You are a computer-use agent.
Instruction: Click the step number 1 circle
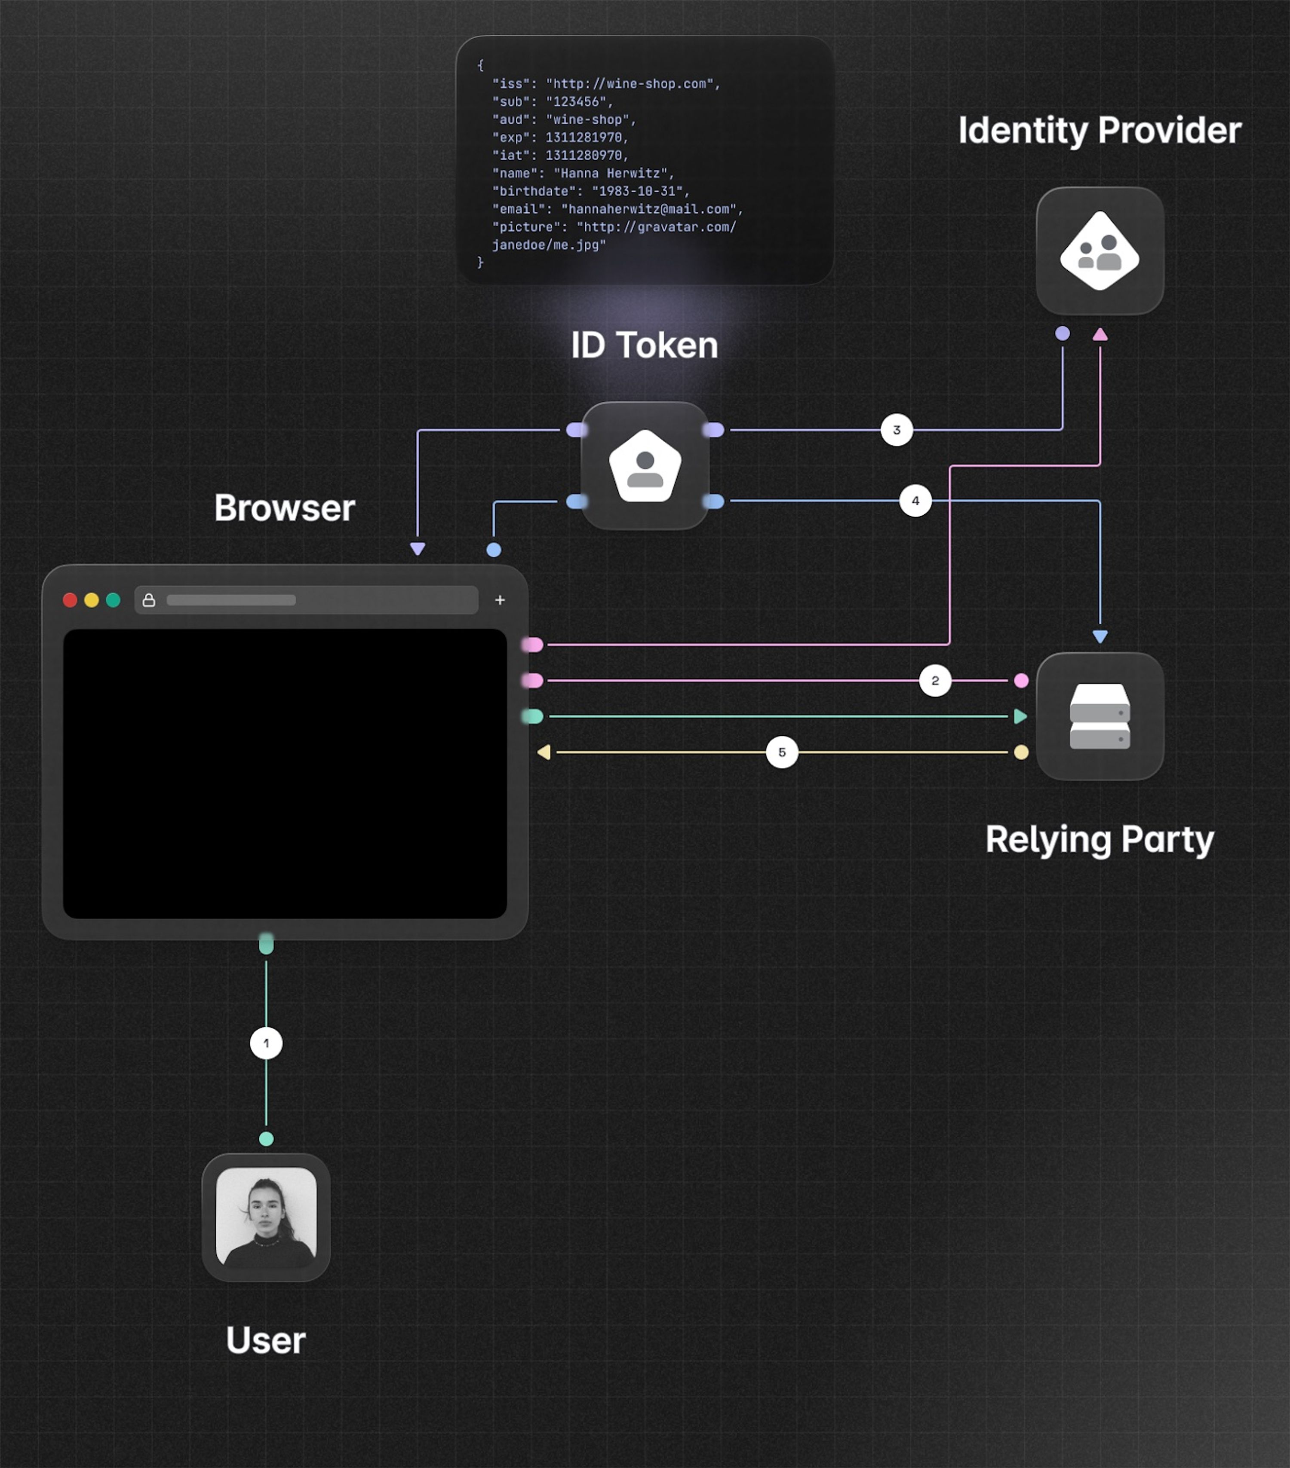pos(266,1043)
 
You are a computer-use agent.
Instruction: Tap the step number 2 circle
pos(935,680)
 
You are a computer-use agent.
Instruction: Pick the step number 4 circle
pos(915,501)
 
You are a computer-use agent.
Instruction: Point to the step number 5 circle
pos(782,752)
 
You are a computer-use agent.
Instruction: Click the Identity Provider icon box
pos(1100,251)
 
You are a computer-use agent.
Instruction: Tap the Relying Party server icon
pos(1100,716)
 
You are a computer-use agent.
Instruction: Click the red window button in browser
pos(70,599)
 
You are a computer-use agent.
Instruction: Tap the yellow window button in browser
pos(91,599)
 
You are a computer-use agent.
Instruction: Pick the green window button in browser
pos(113,599)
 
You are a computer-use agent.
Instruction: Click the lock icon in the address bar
pos(149,599)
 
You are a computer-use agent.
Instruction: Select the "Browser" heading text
pos(285,508)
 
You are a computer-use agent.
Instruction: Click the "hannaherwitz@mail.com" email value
pos(651,209)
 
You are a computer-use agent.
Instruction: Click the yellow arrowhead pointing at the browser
pos(544,752)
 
